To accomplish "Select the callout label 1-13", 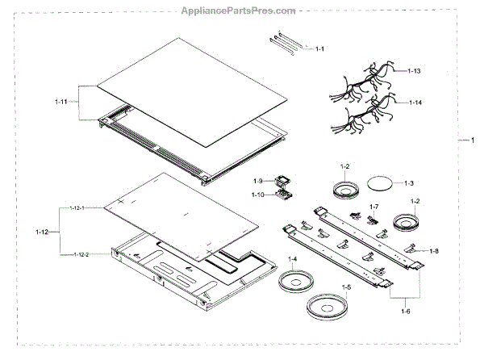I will [415, 72].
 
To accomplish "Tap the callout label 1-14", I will [415, 103].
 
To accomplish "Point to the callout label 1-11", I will [62, 102].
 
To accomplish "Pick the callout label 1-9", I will [259, 180].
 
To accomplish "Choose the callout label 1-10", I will [258, 195].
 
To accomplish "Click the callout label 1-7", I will [373, 207].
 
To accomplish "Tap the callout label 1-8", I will [433, 251].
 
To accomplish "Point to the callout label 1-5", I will [347, 287].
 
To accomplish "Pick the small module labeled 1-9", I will [282, 182].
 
